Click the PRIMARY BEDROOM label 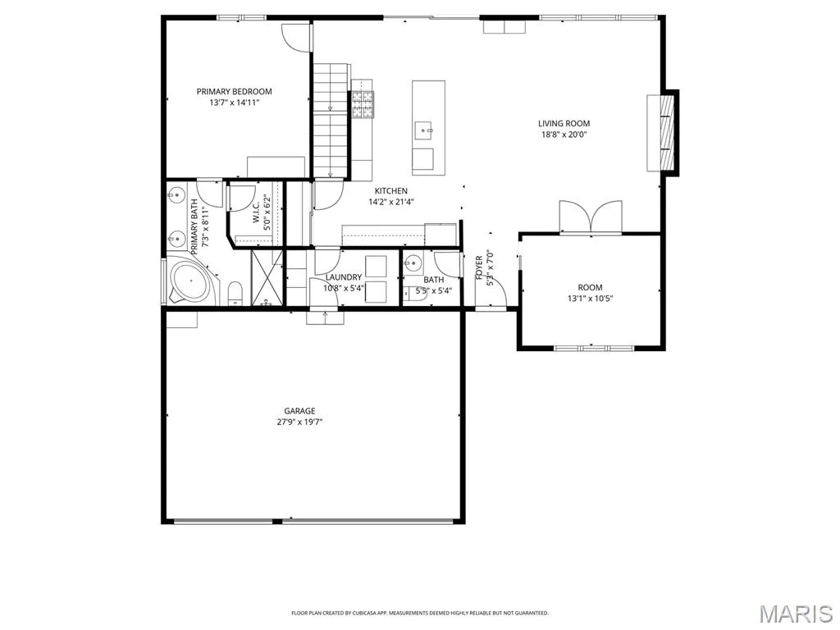pyautogui.click(x=234, y=92)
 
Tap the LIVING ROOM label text pyautogui.click(x=564, y=124)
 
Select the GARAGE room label pyautogui.click(x=299, y=411)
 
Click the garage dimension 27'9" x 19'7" pyautogui.click(x=299, y=422)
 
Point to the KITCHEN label pyautogui.click(x=391, y=190)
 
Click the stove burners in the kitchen pyautogui.click(x=363, y=104)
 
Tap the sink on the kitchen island pyautogui.click(x=424, y=130)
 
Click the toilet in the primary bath pyautogui.click(x=235, y=294)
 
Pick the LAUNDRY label pyautogui.click(x=344, y=277)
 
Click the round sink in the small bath pyautogui.click(x=413, y=263)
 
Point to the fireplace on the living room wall pyautogui.click(x=662, y=133)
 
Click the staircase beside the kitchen pyautogui.click(x=331, y=120)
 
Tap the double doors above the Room pyautogui.click(x=591, y=217)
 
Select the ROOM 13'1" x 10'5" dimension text pyautogui.click(x=590, y=299)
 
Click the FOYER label pyautogui.click(x=479, y=267)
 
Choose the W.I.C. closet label pyautogui.click(x=256, y=212)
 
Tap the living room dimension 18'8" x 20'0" pyautogui.click(x=564, y=135)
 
